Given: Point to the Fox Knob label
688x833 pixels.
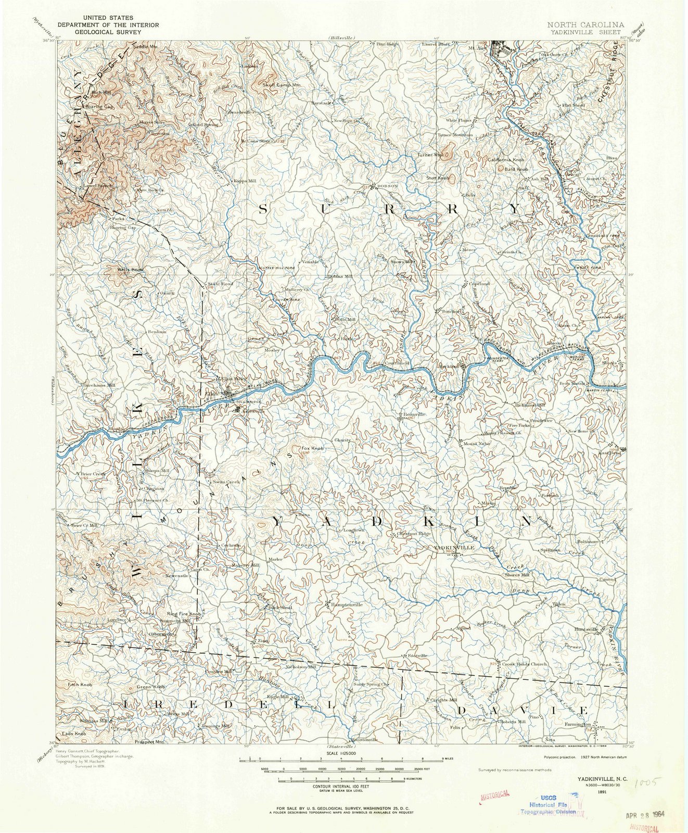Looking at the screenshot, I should coord(312,448).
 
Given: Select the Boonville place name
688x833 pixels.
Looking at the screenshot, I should coord(415,414).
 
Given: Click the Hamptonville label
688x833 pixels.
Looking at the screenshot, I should coord(347,604).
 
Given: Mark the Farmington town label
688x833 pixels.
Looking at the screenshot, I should coord(577,724).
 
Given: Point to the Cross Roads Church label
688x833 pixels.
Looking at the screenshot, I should coord(524,664).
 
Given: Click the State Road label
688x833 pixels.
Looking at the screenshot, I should coord(220,284).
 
